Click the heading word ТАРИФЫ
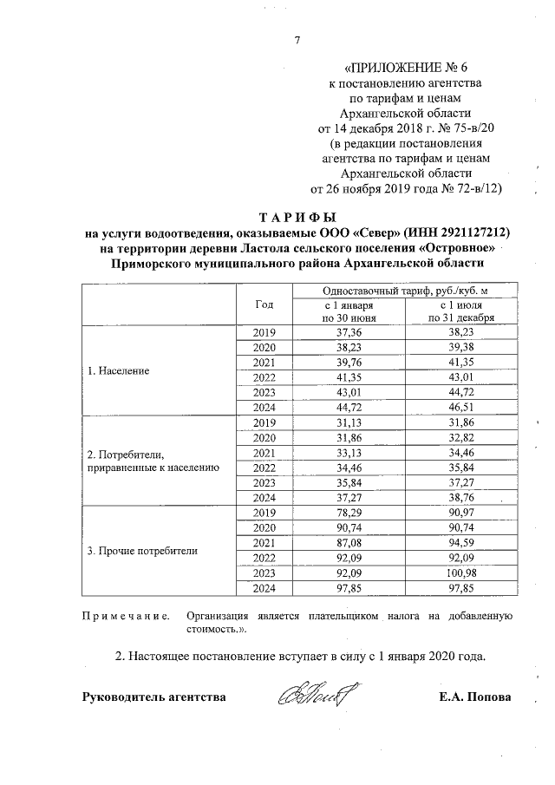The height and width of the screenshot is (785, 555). click(x=297, y=217)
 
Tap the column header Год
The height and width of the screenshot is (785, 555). click(x=265, y=304)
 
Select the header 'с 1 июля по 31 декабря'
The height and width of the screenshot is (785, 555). click(x=460, y=312)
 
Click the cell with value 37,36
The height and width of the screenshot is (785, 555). click(x=349, y=332)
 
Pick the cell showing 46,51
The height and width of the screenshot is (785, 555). click(x=460, y=407)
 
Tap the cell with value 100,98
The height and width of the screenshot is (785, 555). click(x=460, y=573)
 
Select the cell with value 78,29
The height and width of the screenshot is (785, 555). click(x=349, y=513)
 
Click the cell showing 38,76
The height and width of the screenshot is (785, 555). click(x=460, y=498)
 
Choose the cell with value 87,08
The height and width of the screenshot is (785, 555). click(x=349, y=543)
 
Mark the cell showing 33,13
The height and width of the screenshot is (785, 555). click(x=349, y=453)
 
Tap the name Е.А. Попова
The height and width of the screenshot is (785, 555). click(x=476, y=697)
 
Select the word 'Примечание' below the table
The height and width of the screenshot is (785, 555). click(x=121, y=616)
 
